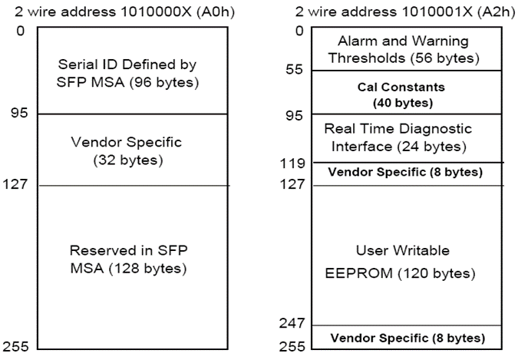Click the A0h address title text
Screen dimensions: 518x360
(125, 12)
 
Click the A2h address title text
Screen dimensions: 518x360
(405, 12)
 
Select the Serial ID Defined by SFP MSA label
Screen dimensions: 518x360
(127, 73)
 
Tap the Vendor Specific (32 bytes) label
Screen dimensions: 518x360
(127, 151)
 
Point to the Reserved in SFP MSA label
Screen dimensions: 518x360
(128, 259)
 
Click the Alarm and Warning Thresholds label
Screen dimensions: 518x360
(404, 49)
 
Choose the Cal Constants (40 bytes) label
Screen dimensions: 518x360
(401, 95)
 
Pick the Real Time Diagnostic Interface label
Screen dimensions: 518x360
(398, 137)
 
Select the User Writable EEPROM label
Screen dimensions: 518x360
(401, 262)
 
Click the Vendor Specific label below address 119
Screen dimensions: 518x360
(405, 172)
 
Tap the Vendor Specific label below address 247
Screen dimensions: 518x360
(408, 339)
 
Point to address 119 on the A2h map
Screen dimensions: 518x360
(292, 163)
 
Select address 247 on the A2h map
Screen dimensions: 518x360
(292, 323)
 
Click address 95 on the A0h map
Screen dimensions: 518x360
(19, 113)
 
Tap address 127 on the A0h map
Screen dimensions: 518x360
(15, 183)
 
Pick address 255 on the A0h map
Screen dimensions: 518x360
(15, 346)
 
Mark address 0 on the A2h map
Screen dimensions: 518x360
(299, 31)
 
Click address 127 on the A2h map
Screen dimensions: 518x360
(292, 183)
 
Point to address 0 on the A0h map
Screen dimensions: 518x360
(21, 31)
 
